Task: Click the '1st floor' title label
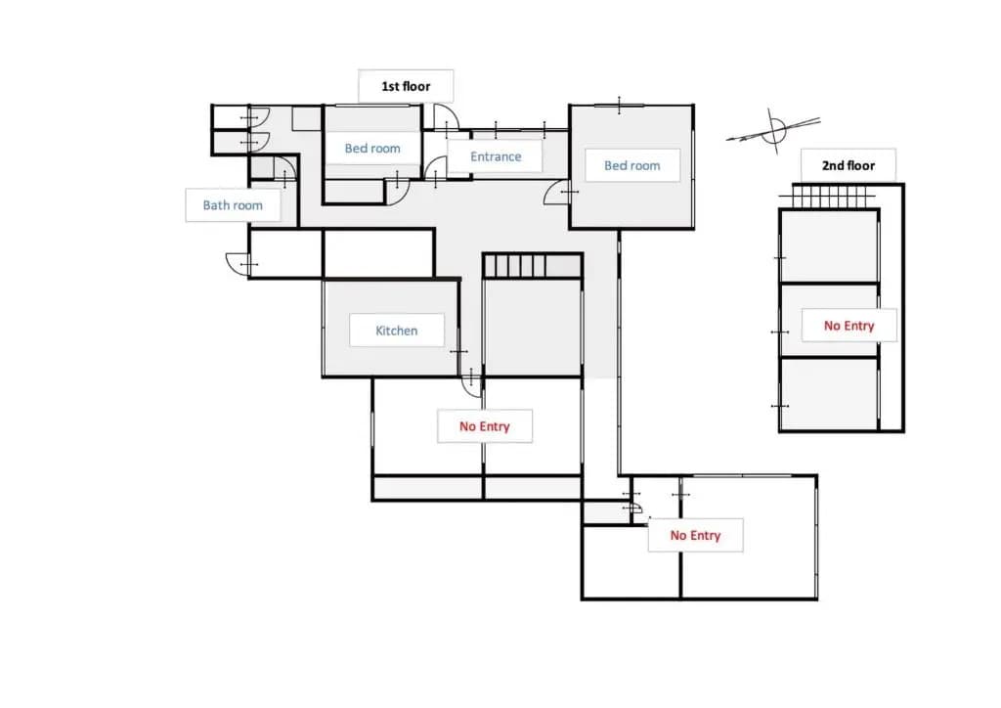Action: pyautogui.click(x=406, y=86)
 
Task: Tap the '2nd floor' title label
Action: pyautogui.click(x=849, y=165)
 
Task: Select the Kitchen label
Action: pyautogui.click(x=397, y=331)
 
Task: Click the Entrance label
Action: pyautogui.click(x=496, y=156)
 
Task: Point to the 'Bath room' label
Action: pyautogui.click(x=233, y=205)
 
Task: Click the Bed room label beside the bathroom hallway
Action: pyautogui.click(x=372, y=148)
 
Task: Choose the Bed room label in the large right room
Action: pyautogui.click(x=632, y=165)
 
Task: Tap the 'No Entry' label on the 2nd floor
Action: pyautogui.click(x=849, y=326)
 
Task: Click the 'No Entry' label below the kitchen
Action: pyautogui.click(x=485, y=425)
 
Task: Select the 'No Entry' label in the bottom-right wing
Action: pyautogui.click(x=695, y=535)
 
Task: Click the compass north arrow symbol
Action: pyautogui.click(x=774, y=131)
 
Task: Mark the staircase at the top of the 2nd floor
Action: pyautogui.click(x=829, y=196)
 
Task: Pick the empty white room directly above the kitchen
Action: pyautogui.click(x=378, y=253)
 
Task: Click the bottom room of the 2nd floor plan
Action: pyautogui.click(x=829, y=394)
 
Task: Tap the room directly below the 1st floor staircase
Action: pyautogui.click(x=533, y=327)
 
